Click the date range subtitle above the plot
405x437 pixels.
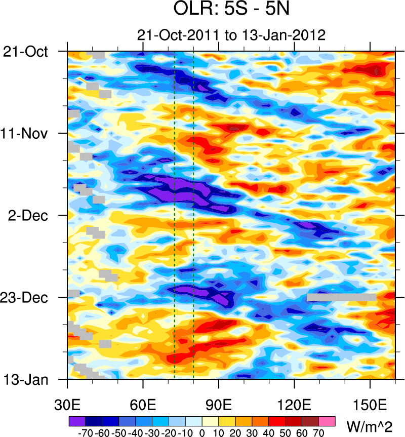[x=231, y=35]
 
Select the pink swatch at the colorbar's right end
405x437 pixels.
[x=327, y=420]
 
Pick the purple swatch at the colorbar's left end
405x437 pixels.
[x=77, y=420]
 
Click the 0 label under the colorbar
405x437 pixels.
[x=202, y=433]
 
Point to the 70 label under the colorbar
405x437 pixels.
[x=318, y=433]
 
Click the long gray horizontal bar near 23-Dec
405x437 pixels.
[x=341, y=298]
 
